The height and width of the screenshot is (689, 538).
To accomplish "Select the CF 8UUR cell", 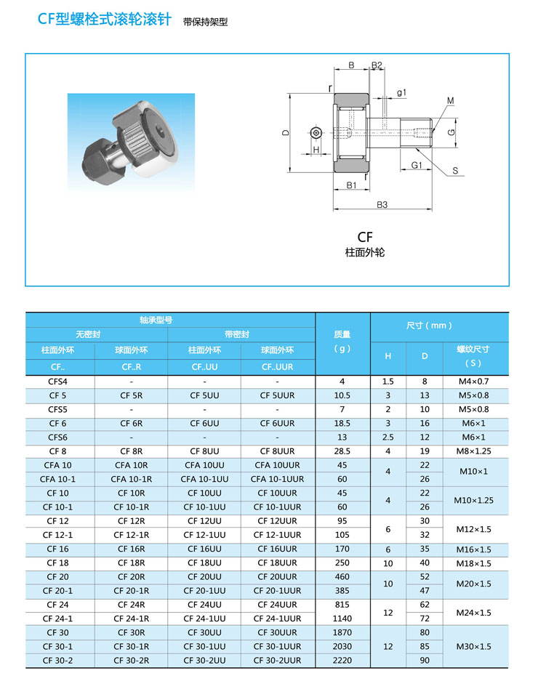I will pos(278,451).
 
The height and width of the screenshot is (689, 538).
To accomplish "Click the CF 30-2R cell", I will pos(132,661).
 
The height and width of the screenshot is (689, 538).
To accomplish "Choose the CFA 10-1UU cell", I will pos(204,479).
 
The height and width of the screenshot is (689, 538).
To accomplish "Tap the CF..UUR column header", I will pos(278,367).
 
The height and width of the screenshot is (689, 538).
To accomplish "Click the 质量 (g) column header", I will pos(342,341).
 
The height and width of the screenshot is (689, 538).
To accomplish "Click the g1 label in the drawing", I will pos(401,92).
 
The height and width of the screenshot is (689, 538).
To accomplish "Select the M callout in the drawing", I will pos(450,100).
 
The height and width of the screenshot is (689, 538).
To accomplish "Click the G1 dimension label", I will pos(417,165).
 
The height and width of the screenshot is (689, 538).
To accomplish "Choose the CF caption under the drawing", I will pos(364,237).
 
